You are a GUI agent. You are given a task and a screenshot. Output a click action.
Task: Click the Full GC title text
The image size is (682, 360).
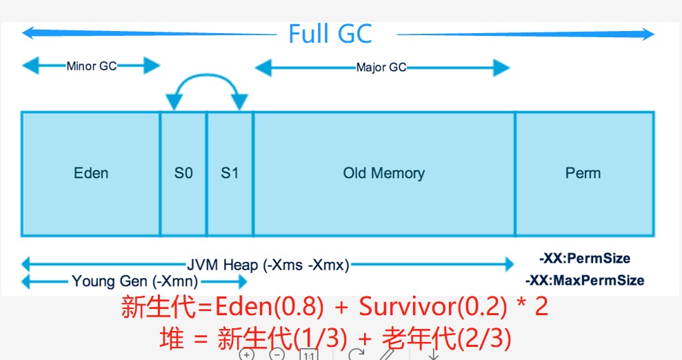[x=330, y=34]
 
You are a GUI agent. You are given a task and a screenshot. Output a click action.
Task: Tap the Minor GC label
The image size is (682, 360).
[x=92, y=66]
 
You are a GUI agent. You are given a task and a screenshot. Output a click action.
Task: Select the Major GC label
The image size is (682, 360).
[x=381, y=68]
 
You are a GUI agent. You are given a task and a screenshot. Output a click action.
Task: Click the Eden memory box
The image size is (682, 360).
[x=91, y=173]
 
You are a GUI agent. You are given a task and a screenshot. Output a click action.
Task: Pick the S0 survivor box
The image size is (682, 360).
[x=183, y=173]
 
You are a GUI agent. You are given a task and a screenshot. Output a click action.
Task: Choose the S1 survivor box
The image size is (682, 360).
[x=230, y=173]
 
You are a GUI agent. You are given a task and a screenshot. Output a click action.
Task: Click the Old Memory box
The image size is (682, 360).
[x=384, y=173]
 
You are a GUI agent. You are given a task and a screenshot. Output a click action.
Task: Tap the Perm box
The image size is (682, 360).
[x=583, y=173]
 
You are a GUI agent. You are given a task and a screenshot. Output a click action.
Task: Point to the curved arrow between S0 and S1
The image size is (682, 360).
[x=206, y=80]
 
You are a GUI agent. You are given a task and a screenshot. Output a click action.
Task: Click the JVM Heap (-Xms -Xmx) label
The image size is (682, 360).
[x=268, y=265]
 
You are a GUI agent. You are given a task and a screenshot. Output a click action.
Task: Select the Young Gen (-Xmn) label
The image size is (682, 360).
[x=135, y=281]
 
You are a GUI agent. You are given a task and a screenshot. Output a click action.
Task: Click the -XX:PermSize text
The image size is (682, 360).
[x=585, y=259]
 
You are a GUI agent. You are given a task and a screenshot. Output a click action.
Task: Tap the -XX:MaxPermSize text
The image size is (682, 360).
[x=585, y=281]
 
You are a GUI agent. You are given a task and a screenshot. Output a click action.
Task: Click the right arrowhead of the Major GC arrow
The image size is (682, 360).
[x=503, y=68]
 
